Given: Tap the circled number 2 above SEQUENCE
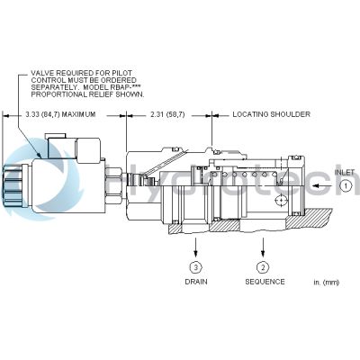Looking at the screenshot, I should (x=263, y=267).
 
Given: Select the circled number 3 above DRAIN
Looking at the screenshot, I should (x=196, y=267).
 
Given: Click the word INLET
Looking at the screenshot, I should (x=345, y=172).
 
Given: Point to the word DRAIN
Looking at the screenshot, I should (x=196, y=282).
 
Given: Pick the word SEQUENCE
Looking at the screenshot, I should (x=265, y=282).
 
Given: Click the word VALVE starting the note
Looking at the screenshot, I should (x=43, y=72).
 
